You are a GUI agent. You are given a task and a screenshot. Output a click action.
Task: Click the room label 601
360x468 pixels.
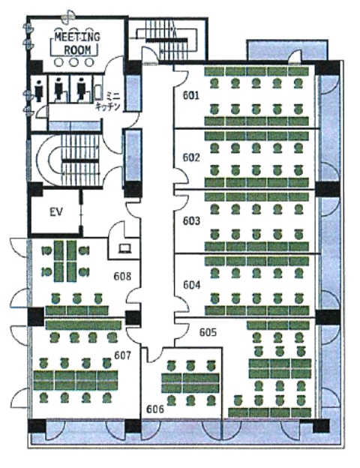190,95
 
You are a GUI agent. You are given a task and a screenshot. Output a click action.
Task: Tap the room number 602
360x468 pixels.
191,157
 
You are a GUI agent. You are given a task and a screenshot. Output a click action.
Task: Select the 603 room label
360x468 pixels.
191,220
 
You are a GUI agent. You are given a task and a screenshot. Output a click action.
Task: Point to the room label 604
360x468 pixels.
192,285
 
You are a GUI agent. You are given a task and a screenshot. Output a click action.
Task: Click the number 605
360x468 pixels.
208,332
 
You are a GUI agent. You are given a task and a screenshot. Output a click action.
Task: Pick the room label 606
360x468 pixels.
155,409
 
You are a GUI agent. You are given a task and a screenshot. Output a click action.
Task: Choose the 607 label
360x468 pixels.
123,355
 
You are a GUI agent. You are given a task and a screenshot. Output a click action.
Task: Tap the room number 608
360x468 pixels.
122,277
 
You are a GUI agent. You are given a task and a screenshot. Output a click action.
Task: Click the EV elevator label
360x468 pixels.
56,212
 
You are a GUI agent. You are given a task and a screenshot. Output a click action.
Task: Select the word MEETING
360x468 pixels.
77,37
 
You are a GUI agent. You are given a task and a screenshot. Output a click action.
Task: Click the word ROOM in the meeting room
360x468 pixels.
77,49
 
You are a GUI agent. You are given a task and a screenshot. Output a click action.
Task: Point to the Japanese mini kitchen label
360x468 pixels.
108,101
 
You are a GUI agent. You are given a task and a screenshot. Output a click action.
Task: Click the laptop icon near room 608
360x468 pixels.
124,249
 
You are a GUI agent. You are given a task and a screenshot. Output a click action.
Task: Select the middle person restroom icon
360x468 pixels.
59,88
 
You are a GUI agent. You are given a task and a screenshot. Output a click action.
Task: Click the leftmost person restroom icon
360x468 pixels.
39,91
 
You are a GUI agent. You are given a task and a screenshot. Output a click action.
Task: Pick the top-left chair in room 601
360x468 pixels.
214,82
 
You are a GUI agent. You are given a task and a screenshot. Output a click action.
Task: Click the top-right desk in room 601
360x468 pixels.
298,71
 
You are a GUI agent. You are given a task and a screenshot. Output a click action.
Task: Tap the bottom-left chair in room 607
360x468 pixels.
44,397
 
